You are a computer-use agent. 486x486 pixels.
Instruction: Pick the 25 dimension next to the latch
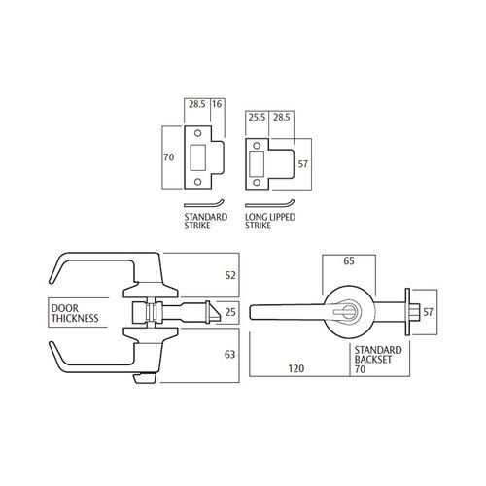click(231, 313)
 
